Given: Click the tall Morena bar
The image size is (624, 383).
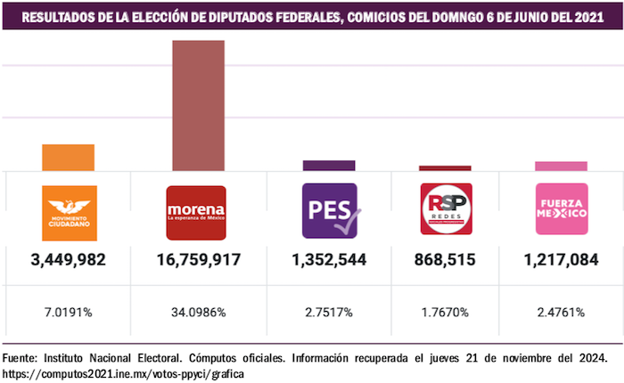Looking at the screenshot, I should pyautogui.click(x=198, y=105).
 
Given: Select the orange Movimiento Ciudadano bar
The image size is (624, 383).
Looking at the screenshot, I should pyautogui.click(x=69, y=157).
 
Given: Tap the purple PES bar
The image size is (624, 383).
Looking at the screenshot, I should pyautogui.click(x=329, y=165).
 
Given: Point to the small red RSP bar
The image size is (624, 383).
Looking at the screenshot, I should pyautogui.click(x=445, y=167).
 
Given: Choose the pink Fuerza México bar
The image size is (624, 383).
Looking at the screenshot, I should pyautogui.click(x=561, y=166).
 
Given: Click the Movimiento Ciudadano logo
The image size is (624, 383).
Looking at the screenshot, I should pyautogui.click(x=69, y=212).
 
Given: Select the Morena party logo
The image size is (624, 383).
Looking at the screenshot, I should pyautogui.click(x=197, y=212).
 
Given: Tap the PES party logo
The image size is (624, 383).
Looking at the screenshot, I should pyautogui.click(x=330, y=212).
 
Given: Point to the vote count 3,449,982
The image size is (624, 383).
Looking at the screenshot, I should pyautogui.click(x=69, y=260).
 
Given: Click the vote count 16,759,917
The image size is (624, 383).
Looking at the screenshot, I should pyautogui.click(x=198, y=260).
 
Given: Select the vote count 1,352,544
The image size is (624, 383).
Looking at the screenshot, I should pyautogui.click(x=329, y=260).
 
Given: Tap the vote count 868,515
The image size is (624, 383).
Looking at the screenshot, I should pyautogui.click(x=445, y=260).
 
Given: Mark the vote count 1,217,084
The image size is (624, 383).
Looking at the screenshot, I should pyautogui.click(x=561, y=260).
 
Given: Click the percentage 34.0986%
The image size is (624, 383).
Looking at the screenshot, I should pyautogui.click(x=198, y=312).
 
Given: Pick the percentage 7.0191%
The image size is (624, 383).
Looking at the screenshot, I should pyautogui.click(x=69, y=312).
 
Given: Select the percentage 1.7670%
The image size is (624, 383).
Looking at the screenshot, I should pyautogui.click(x=445, y=312).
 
